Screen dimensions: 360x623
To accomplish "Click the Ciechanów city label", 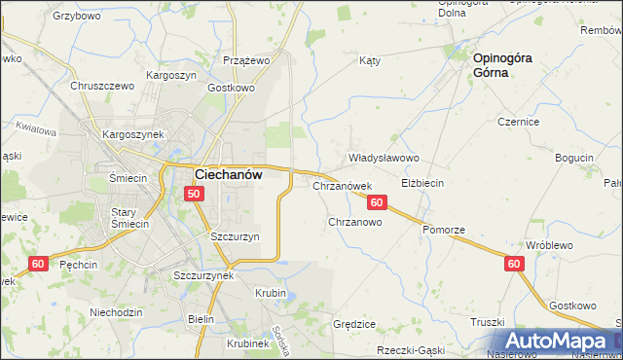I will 238,174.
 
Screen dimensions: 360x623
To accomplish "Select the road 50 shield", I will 194,194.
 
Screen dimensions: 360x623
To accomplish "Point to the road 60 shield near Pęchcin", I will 39,264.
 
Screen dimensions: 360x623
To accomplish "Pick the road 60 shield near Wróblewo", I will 515,264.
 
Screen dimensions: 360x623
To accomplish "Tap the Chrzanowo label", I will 354,222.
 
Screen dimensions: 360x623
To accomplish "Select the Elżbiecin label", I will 422,182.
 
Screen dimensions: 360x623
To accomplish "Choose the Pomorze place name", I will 444,229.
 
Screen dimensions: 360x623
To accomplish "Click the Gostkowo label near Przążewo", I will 231,88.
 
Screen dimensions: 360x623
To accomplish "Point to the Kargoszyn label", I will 171,75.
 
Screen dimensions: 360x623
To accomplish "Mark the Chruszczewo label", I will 101,85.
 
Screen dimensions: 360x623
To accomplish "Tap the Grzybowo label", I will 78,17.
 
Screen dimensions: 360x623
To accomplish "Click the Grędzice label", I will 354,323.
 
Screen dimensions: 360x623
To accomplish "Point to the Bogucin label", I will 573,158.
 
